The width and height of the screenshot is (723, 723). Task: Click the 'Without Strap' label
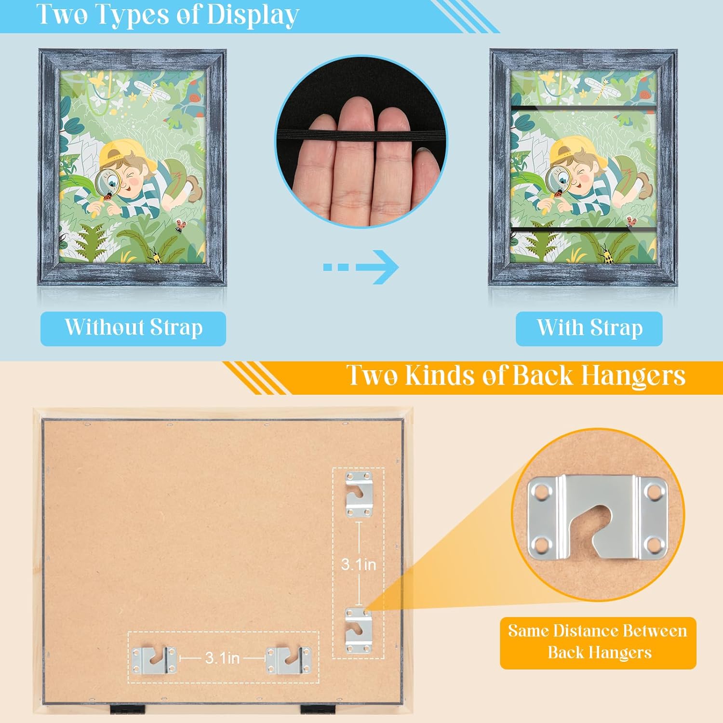(133, 328)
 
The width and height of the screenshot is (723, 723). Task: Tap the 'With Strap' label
(589, 329)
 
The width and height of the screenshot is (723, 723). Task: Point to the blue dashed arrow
(361, 267)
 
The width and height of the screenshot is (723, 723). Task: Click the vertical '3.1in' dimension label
(359, 564)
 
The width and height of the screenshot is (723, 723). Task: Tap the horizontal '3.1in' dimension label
(222, 658)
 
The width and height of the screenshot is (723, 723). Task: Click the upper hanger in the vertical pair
(360, 495)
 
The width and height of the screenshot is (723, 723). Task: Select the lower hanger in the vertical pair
(359, 630)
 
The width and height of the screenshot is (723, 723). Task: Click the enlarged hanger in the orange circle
(598, 516)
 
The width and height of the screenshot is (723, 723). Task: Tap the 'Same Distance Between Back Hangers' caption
(598, 642)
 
